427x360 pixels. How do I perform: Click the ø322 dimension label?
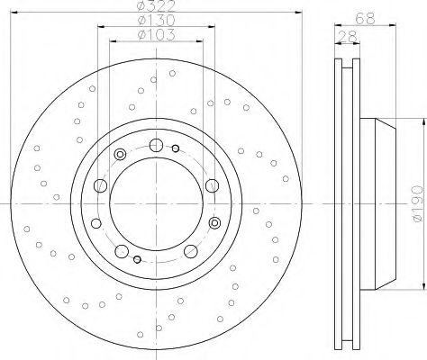[x=155, y=8]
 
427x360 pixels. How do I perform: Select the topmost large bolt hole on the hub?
[x=156, y=145]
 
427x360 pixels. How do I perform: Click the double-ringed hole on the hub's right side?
[x=214, y=222]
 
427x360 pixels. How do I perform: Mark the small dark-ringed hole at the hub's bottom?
[x=137, y=259]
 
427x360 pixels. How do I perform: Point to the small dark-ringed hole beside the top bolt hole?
[x=176, y=148]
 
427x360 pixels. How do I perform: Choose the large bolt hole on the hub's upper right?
[x=212, y=185]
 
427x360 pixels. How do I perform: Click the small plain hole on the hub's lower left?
[x=95, y=223]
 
